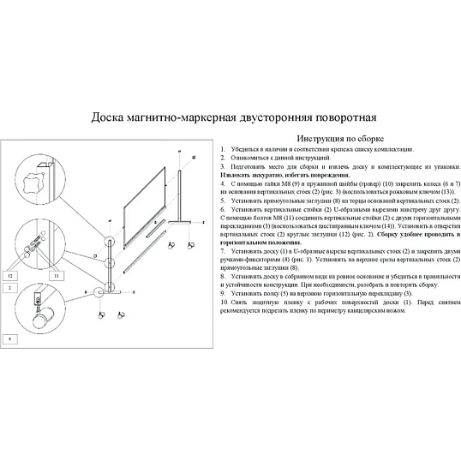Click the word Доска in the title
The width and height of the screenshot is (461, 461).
[111, 117]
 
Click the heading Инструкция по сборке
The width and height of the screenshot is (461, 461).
[339, 138]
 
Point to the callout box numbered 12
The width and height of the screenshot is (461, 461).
[10, 277]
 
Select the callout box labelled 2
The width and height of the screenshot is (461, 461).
[10, 288]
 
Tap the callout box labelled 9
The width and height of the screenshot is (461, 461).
[10, 339]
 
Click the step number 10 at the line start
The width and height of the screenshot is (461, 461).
[224, 302]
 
